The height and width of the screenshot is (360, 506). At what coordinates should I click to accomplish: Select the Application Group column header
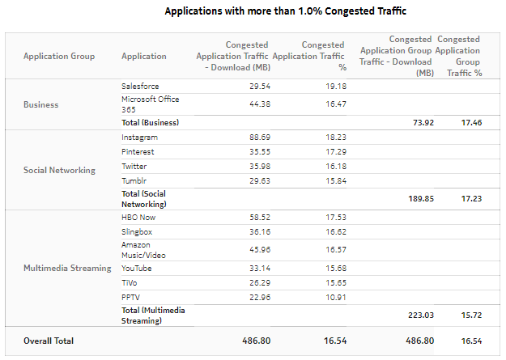[x=59, y=56]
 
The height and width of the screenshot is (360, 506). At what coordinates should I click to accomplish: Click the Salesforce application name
[x=140, y=86]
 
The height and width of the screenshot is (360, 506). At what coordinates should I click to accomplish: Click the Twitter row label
[x=134, y=165]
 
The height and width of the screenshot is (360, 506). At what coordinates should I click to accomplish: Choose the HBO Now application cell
[x=139, y=217]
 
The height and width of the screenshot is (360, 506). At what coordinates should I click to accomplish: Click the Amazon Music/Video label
[x=145, y=249]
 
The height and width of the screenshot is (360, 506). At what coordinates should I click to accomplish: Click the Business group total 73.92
[x=414, y=122]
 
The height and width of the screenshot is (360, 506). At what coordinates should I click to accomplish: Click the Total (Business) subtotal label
[x=150, y=122]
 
